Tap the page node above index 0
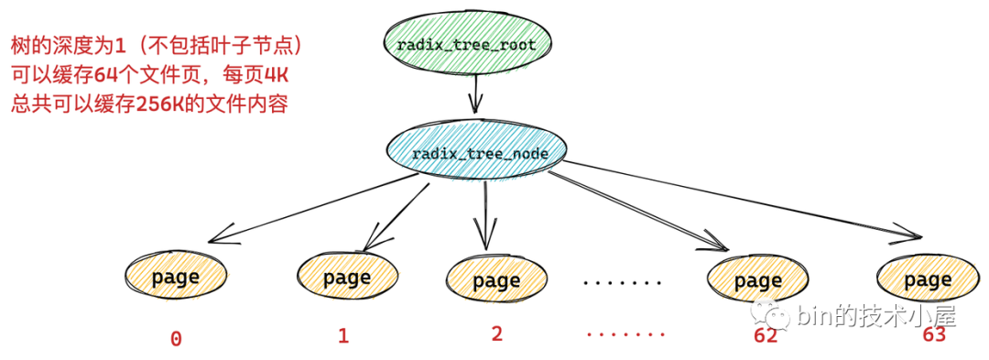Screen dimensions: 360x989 (175, 277)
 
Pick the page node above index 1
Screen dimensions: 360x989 (346, 277)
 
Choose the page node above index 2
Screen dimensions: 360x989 (496, 281)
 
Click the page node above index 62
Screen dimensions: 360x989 (758, 280)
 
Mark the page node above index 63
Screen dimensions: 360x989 (927, 279)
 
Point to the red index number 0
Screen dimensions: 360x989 (176, 339)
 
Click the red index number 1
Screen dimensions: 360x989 (343, 335)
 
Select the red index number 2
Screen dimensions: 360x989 (496, 333)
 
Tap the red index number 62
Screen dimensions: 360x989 (766, 335)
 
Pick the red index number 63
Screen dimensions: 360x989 (933, 334)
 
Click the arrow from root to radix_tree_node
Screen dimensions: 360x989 (474, 94)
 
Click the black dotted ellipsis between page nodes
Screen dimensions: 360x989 (623, 282)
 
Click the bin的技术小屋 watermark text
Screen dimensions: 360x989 (875, 317)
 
